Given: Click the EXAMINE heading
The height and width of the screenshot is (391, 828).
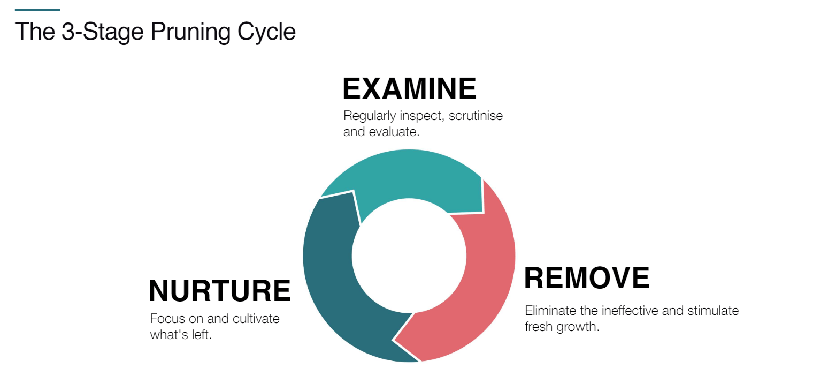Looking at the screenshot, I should click(x=409, y=89).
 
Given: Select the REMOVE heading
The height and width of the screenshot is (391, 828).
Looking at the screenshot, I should click(x=587, y=278).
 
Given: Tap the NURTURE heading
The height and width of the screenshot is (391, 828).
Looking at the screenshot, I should click(x=219, y=291).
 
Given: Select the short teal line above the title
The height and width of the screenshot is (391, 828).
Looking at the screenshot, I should click(x=37, y=10).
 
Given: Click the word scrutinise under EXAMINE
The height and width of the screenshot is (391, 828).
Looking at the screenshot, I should click(x=476, y=116).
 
